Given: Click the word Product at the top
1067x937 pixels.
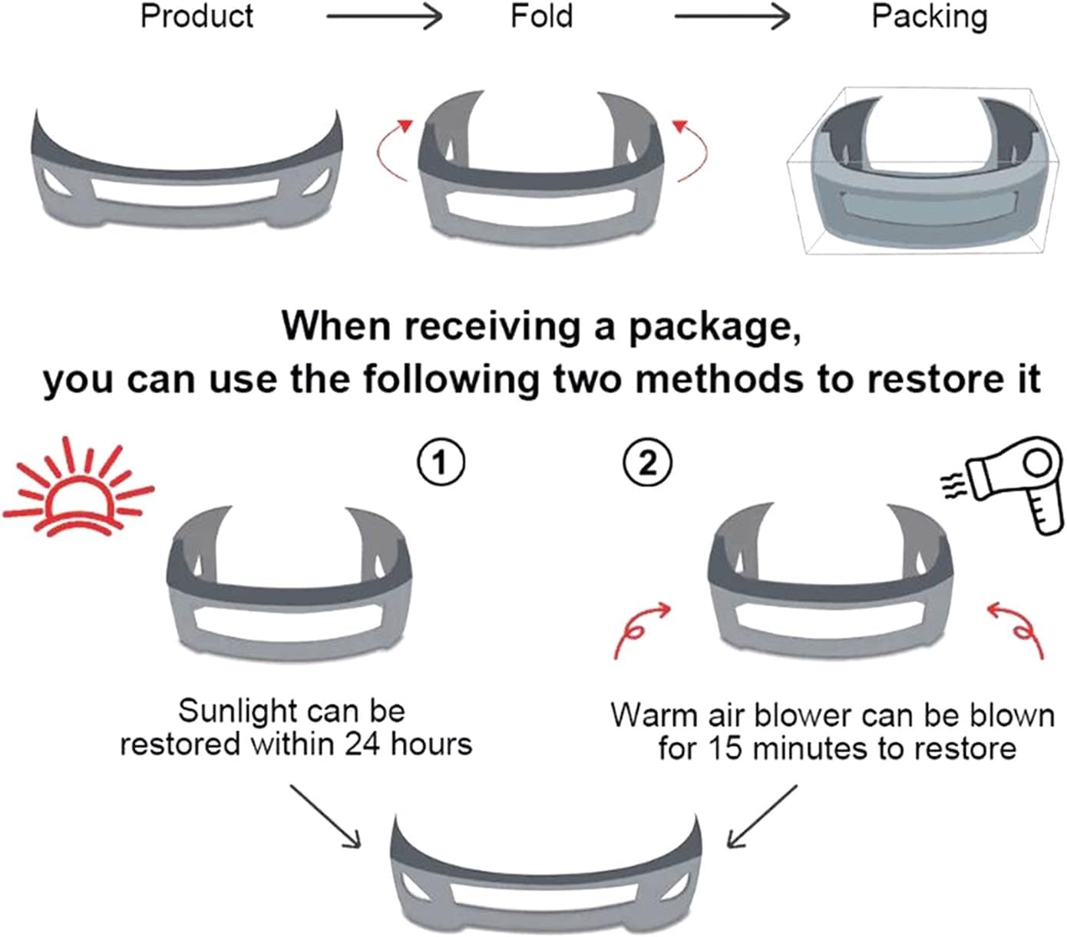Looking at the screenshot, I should (x=197, y=17).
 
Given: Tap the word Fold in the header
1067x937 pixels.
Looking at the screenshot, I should (x=541, y=17).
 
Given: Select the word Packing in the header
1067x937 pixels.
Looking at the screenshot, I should (x=929, y=17).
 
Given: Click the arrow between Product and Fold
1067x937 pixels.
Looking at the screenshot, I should (x=384, y=17).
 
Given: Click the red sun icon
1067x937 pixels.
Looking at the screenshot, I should (x=77, y=488).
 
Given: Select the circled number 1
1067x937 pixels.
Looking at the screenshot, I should (x=440, y=463).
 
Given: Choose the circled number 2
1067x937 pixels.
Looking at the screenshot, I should (x=648, y=463).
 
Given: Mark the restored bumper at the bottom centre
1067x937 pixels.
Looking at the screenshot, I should (x=546, y=875).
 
